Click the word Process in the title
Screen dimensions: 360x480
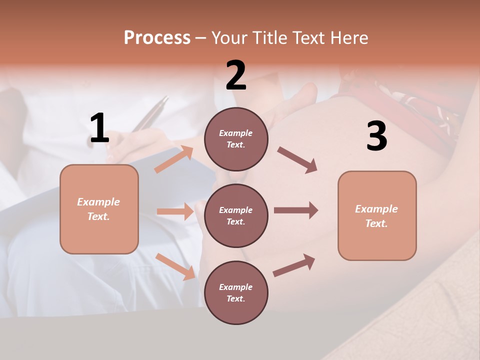157,37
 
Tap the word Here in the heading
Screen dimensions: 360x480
348,37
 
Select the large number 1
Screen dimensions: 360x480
99,128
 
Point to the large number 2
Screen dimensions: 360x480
236,75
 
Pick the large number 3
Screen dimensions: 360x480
376,136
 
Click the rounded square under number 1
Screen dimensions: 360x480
99,209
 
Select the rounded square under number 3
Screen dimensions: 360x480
377,215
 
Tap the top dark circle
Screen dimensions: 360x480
236,139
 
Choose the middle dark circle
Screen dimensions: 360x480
236,215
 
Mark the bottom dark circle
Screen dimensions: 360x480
236,292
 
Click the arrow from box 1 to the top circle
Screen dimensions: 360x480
174,159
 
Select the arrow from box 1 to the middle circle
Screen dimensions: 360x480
175,211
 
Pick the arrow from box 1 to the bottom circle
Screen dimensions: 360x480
175,266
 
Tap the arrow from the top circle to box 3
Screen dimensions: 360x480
297,160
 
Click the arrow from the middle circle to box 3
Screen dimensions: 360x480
295,210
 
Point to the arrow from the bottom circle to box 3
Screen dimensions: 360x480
294,265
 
